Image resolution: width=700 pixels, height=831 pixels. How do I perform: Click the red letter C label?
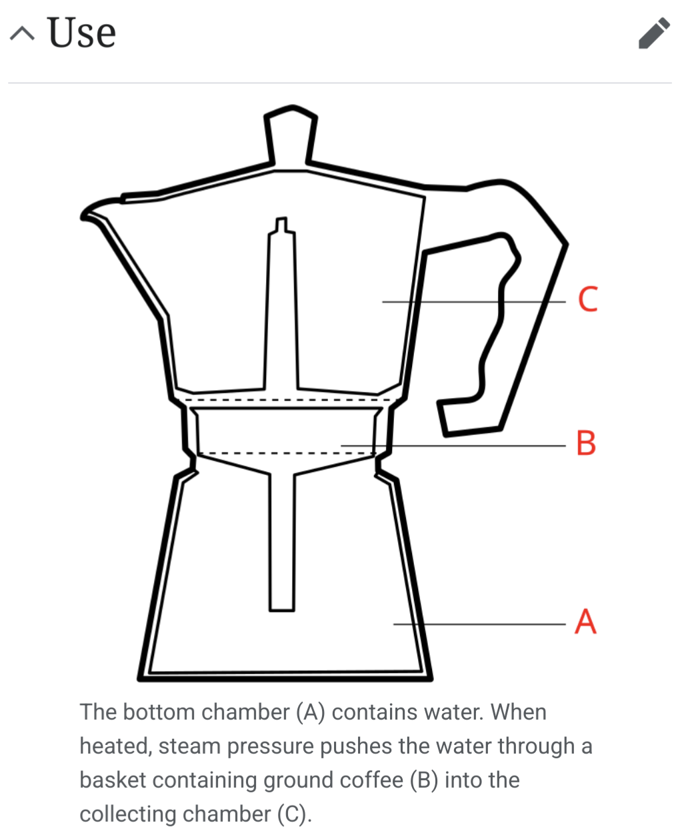click(x=588, y=299)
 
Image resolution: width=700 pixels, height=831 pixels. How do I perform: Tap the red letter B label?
click(x=586, y=443)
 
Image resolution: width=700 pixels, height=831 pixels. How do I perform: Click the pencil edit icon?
click(x=654, y=33)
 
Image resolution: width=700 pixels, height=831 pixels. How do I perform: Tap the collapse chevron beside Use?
click(x=22, y=33)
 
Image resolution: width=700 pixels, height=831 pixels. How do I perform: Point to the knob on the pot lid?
click(x=291, y=135)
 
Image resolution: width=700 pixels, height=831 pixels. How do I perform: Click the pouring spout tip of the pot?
click(x=83, y=217)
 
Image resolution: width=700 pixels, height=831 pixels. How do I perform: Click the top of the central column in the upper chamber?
click(x=281, y=219)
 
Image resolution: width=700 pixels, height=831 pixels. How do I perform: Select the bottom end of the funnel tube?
click(x=282, y=610)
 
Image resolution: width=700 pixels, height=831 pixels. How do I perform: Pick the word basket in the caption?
click(x=113, y=780)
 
